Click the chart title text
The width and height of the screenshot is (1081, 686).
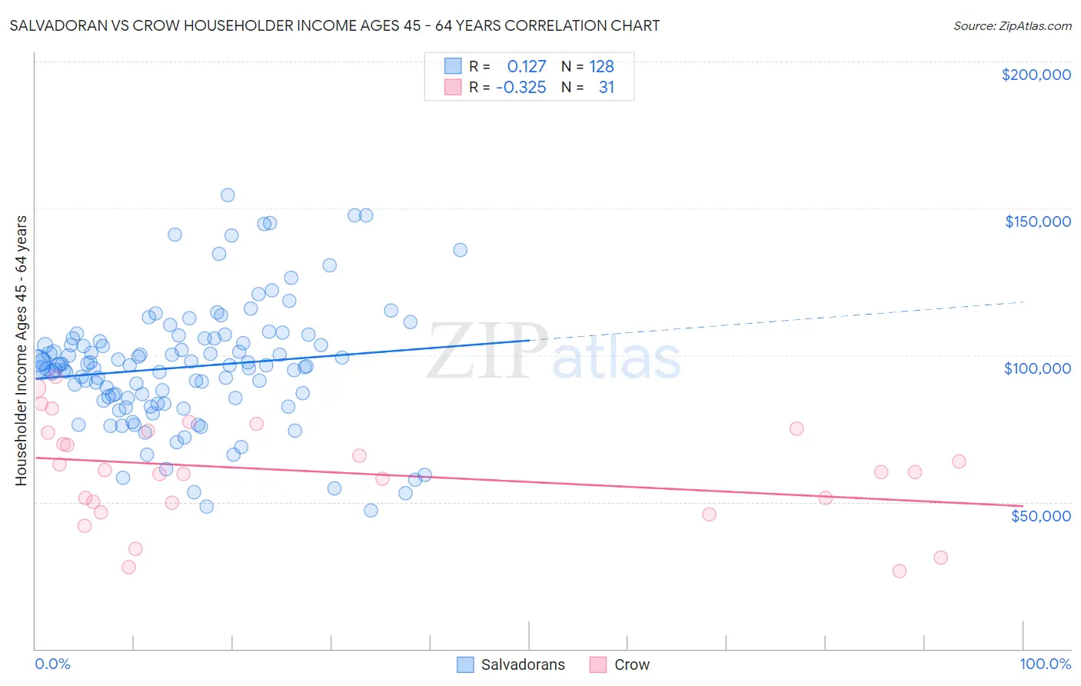tap(334, 25)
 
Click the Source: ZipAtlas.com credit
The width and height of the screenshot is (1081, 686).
tap(1012, 25)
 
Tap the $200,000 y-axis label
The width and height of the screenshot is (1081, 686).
tap(1036, 75)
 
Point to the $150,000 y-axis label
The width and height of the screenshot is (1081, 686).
tap(1037, 221)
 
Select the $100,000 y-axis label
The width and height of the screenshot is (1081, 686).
tap(1037, 368)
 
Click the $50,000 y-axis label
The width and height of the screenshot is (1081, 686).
tap(1040, 515)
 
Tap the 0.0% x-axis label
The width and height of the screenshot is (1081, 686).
tap(52, 664)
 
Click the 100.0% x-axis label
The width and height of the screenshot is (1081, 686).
tap(1045, 664)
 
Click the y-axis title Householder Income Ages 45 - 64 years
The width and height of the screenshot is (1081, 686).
tap(21, 351)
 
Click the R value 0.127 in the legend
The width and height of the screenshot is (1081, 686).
tap(526, 67)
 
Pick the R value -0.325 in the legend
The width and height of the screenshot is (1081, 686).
tap(521, 88)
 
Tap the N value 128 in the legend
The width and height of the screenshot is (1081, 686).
tap(601, 67)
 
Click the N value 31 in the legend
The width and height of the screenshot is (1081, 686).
tap(606, 88)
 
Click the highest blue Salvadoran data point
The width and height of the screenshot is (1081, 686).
tap(228, 195)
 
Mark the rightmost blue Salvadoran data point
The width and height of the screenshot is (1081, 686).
tap(460, 250)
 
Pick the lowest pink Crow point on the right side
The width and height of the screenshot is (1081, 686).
tap(899, 571)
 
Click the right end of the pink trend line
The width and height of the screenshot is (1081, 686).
tap(1023, 505)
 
